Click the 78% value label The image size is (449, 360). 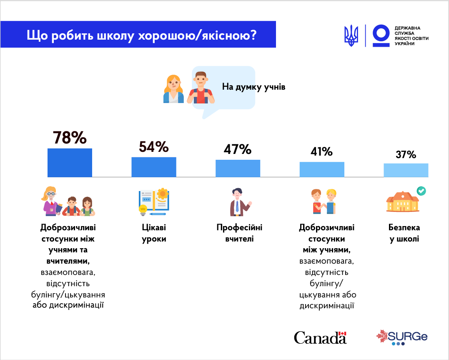click(70, 138)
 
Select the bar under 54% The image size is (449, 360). click(154, 167)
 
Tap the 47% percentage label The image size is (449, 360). click(238, 149)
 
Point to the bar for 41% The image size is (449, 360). click(322, 169)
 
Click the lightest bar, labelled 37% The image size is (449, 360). click(406, 170)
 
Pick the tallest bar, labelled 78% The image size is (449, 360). click(70, 163)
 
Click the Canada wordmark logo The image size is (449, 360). click(320, 337)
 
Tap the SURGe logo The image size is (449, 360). click(402, 337)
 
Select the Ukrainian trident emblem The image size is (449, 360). click(351, 35)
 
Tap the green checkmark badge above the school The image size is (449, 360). click(421, 191)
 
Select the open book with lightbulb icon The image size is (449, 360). click(154, 202)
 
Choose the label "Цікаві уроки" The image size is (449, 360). click(154, 234)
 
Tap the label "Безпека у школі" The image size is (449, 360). click(404, 234)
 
